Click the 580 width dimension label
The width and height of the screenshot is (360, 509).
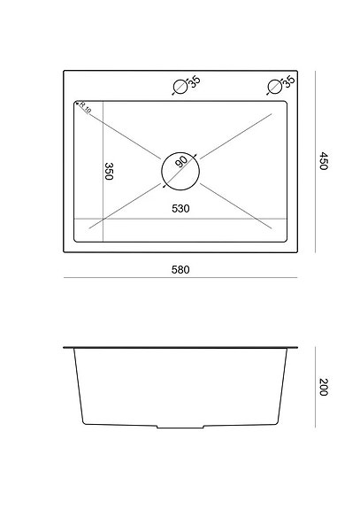tap(180, 269)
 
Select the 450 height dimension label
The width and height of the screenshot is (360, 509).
tap(324, 162)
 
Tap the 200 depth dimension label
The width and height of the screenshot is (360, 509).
tap(324, 387)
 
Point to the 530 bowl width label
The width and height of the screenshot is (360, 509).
tap(182, 209)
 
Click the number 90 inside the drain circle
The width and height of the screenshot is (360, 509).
tap(181, 163)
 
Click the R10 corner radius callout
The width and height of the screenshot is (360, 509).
tap(85, 108)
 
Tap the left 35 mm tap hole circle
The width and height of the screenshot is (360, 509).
tap(179, 87)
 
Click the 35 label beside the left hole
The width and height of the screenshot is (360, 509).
tap(195, 82)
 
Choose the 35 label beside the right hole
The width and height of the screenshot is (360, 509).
tap(288, 82)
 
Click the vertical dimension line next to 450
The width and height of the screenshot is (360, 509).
tap(317, 162)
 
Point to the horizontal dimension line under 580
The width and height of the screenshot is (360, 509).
tap(181, 280)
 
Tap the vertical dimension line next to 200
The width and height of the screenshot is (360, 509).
tap(317, 387)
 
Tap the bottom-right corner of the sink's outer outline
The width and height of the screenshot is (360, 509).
tap(298, 252)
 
